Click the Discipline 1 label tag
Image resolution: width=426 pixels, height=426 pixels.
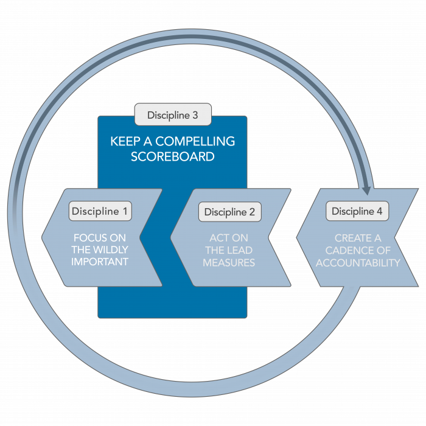(100, 212)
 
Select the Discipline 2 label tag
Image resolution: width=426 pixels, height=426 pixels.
(229, 212)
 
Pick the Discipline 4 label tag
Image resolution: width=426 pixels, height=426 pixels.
(357, 211)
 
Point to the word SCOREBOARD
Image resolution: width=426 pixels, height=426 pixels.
(173, 156)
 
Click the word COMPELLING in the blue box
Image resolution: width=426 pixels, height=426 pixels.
(200, 141)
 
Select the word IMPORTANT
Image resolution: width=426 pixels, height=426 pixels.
(100, 262)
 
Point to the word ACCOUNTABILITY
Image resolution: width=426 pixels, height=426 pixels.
(358, 263)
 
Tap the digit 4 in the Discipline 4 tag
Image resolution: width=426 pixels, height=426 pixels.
(379, 211)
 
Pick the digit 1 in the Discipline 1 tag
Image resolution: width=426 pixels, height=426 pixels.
(125, 212)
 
